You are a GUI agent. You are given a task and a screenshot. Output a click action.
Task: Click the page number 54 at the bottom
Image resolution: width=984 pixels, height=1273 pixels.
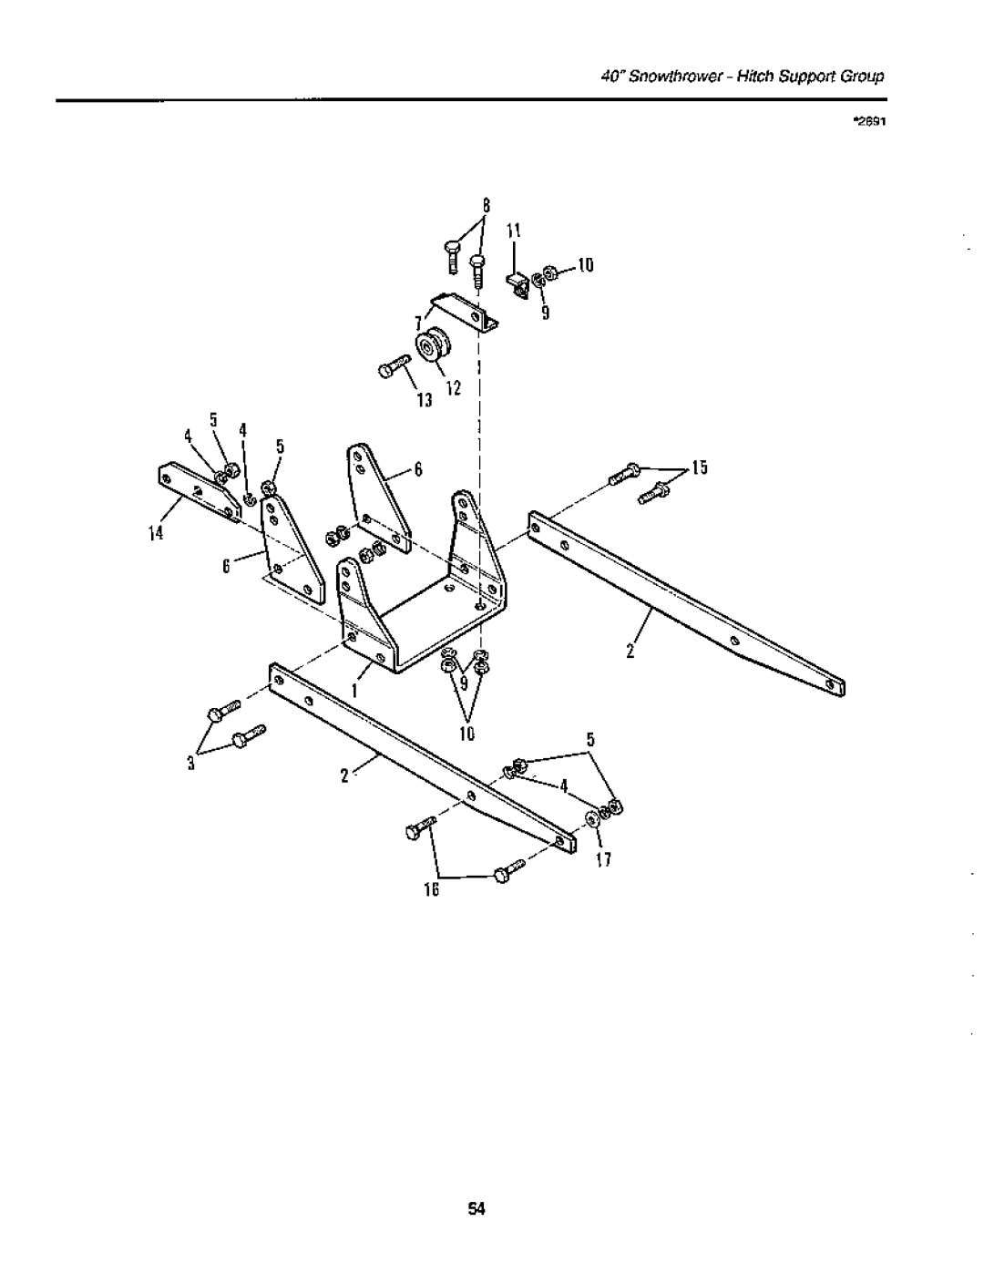(477, 1208)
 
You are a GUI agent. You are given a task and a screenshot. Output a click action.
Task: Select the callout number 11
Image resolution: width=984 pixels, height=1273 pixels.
(513, 231)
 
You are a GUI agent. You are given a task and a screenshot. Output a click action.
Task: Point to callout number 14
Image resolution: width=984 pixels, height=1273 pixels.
(156, 534)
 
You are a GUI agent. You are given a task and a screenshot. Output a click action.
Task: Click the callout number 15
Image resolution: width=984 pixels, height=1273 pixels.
(700, 467)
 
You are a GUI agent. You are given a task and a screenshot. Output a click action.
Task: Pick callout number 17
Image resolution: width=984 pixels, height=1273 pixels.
(604, 859)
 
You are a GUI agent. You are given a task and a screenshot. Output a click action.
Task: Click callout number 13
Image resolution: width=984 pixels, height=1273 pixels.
(425, 400)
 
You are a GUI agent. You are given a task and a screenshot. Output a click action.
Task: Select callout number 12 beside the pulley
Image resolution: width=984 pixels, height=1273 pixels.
(454, 388)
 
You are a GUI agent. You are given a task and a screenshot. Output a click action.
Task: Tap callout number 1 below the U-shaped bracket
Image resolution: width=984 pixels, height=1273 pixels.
(354, 692)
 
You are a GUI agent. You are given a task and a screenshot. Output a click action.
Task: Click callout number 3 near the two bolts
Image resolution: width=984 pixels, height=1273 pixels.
(191, 764)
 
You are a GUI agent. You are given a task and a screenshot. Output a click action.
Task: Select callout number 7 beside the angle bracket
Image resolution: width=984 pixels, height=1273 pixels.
(417, 323)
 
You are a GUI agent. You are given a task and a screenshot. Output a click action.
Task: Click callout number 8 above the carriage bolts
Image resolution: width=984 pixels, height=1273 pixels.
(487, 206)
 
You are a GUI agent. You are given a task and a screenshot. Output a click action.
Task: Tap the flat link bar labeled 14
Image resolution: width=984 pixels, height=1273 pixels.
(200, 493)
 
